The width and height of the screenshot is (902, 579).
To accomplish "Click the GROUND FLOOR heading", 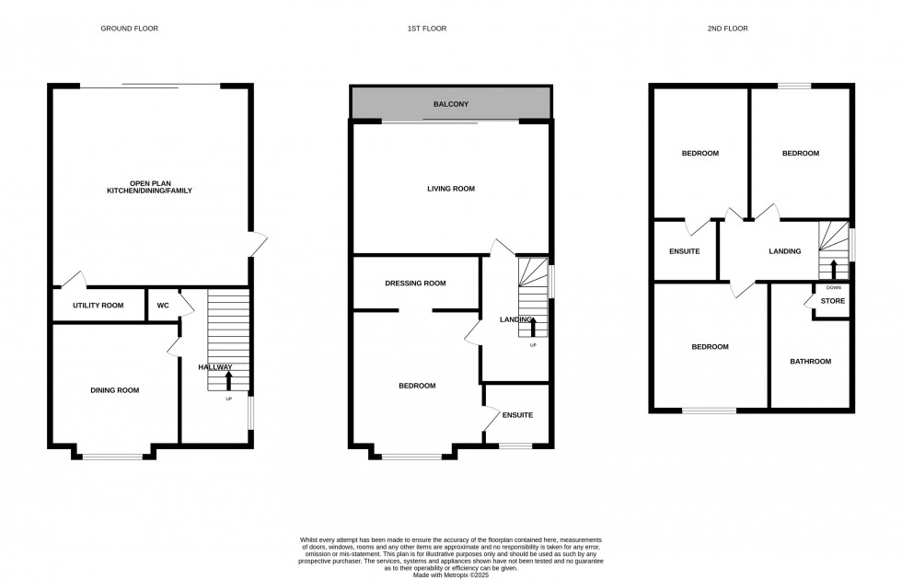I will (x=129, y=29).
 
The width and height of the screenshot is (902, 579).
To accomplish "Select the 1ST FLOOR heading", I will (x=426, y=29).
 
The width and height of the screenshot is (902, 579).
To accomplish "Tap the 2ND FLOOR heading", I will (x=727, y=29).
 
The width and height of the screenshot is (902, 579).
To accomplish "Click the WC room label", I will (x=163, y=305).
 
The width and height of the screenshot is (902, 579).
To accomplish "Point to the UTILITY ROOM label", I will (x=98, y=305).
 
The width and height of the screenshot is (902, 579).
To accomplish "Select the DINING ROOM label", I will (x=115, y=390).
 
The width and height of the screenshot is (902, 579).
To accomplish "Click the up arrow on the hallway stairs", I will (x=228, y=379).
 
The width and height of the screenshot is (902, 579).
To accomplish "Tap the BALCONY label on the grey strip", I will (x=451, y=104).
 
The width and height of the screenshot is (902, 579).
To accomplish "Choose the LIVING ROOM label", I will (x=451, y=189).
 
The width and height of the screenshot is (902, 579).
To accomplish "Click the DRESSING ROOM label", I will (x=415, y=284).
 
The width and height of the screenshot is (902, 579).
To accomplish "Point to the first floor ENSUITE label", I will (x=517, y=415).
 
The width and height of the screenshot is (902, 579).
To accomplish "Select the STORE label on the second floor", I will (x=832, y=301).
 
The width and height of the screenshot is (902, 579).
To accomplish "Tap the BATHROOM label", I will (x=810, y=362).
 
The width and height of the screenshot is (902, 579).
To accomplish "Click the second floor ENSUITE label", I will (x=684, y=251).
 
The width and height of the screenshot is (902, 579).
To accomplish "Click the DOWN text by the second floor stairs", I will (x=833, y=287).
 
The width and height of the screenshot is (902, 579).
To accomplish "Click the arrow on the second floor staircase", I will (x=834, y=268).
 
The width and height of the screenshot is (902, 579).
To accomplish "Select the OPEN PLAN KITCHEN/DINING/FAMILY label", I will (x=148, y=186).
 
